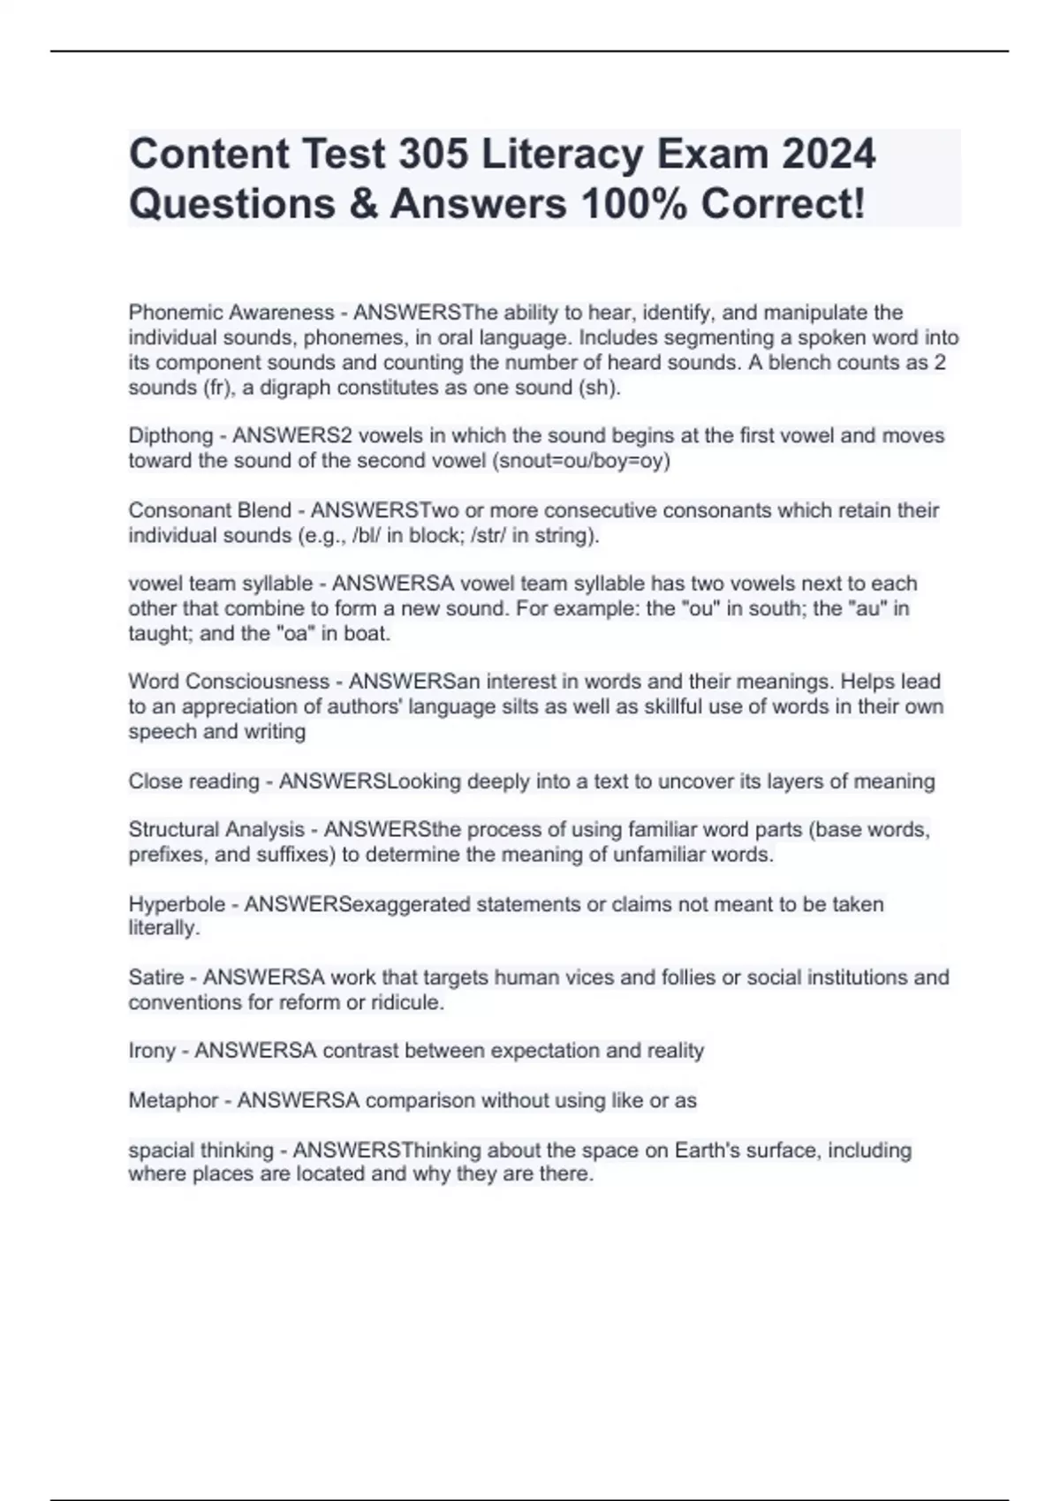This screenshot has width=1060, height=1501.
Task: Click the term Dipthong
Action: click(x=170, y=435)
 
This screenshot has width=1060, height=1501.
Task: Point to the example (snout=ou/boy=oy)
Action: click(x=581, y=461)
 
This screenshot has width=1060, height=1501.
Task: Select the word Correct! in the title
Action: click(x=783, y=204)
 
